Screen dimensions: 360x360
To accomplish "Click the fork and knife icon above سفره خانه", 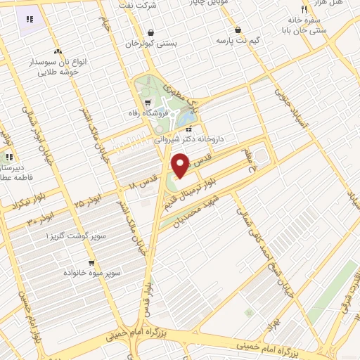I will click(x=304, y=9).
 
